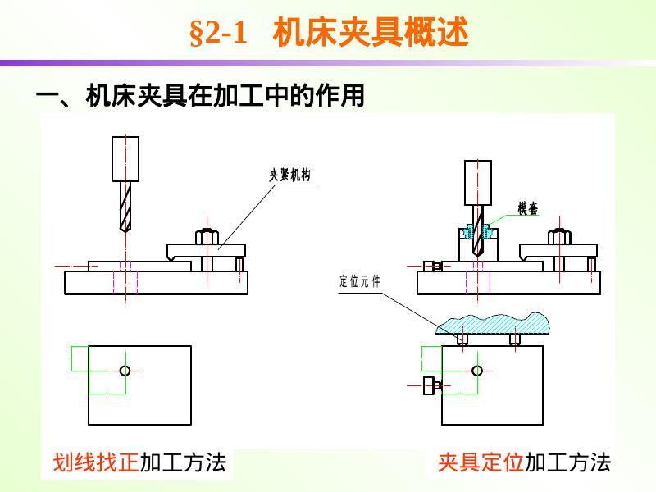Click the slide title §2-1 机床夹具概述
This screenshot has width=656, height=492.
point(328,34)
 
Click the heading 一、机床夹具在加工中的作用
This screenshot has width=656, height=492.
point(200,97)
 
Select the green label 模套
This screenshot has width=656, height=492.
point(527,209)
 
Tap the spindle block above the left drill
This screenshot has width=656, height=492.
point(125,158)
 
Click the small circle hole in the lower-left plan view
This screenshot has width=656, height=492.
point(125,371)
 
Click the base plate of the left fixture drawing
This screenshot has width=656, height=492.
point(156,282)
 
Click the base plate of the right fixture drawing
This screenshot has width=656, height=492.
point(508,282)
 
